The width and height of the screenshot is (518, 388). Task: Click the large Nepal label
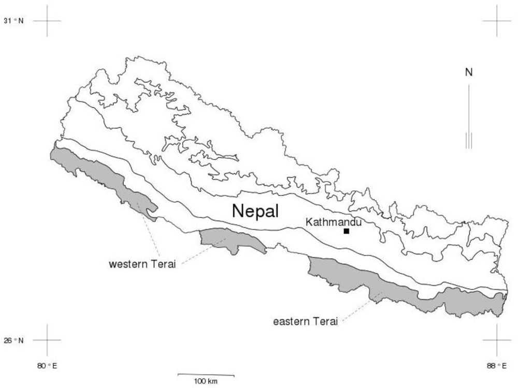pyautogui.click(x=255, y=211)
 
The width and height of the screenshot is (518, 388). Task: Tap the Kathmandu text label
pyautogui.click(x=333, y=222)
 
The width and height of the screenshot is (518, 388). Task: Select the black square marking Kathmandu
pyautogui.click(x=346, y=231)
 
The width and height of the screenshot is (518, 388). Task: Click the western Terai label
pyautogui.click(x=142, y=264)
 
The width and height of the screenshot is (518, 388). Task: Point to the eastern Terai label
pyautogui.click(x=306, y=322)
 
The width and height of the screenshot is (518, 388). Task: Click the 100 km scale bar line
pyautogui.click(x=206, y=375)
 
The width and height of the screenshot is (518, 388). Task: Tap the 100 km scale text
pyautogui.click(x=206, y=382)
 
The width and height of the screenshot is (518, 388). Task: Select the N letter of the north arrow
pyautogui.click(x=469, y=72)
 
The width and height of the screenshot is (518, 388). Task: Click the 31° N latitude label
pyautogui.click(x=16, y=21)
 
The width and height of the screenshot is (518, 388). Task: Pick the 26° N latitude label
pyautogui.click(x=16, y=340)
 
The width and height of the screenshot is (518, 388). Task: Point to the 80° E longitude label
pyautogui.click(x=47, y=366)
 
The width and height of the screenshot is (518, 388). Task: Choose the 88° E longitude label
pyautogui.click(x=496, y=366)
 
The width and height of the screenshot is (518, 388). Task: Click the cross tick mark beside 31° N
pyautogui.click(x=47, y=21)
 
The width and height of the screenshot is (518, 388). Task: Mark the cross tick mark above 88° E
pyautogui.click(x=496, y=340)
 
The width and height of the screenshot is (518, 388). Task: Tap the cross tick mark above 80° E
pyautogui.click(x=47, y=340)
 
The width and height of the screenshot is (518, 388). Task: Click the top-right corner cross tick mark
pyautogui.click(x=496, y=21)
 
